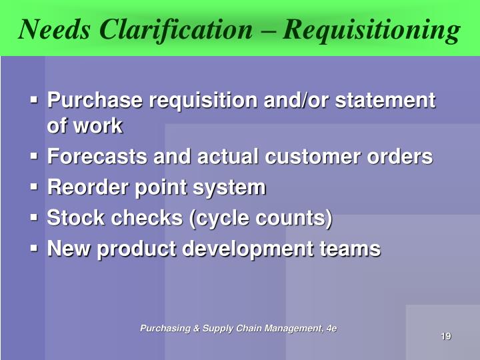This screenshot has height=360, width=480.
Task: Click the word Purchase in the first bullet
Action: [95, 101]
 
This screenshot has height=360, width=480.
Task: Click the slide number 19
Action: [446, 335]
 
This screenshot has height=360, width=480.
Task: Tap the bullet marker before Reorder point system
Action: [35, 187]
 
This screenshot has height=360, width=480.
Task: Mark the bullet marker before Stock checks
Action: [35, 218]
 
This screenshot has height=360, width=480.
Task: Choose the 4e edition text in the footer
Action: [331, 328]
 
